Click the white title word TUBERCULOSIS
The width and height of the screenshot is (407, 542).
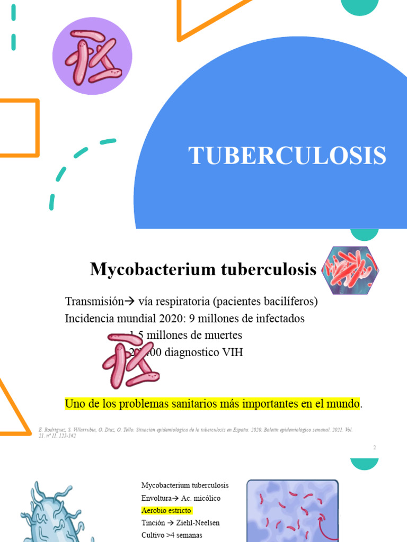(287, 156)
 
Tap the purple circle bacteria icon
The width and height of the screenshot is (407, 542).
(94, 56)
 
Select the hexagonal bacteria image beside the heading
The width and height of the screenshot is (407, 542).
(350, 270)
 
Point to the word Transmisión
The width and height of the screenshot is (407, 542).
(93, 302)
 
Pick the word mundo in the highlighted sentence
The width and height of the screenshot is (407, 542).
(344, 404)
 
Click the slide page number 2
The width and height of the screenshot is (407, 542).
(374, 447)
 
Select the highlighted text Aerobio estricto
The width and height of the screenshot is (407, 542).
(166, 511)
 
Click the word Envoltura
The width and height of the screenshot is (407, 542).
(157, 498)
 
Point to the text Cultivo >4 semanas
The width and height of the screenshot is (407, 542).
(171, 535)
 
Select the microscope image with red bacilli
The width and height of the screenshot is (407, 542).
(293, 511)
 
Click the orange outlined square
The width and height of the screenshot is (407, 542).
(20, 128)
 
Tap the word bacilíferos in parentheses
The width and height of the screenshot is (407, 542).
(288, 302)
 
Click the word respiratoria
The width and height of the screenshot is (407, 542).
(182, 302)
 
